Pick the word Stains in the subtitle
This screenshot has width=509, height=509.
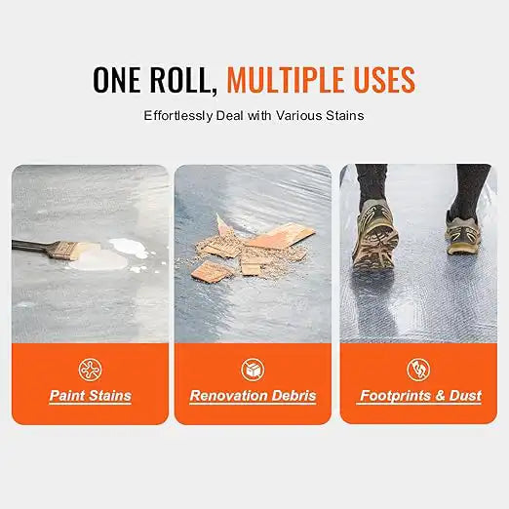(344, 115)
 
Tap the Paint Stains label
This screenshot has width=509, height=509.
(90, 396)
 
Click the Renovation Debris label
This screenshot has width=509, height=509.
(254, 396)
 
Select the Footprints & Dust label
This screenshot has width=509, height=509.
(419, 396)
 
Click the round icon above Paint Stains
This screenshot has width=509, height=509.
(90, 369)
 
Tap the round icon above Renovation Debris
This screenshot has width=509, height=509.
(254, 369)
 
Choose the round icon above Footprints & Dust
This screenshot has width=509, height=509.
(418, 369)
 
